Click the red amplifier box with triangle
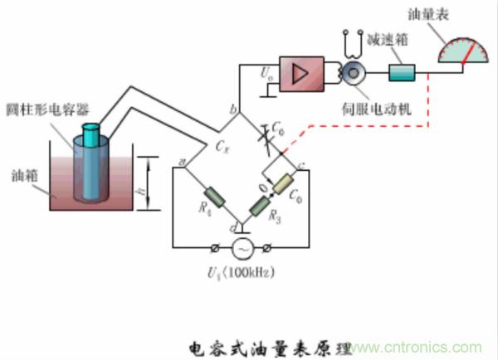pos(305,74)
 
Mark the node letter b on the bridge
pos(233,109)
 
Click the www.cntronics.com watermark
pos(429,345)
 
